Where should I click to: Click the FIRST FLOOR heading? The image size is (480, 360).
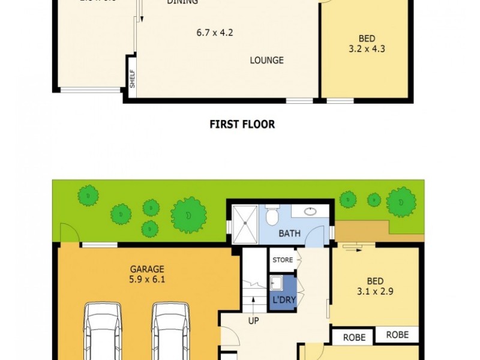tap(242, 125)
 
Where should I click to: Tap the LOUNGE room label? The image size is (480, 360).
tap(266, 61)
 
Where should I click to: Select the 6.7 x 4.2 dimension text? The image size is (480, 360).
tap(214, 32)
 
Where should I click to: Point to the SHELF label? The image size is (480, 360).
tap(132, 79)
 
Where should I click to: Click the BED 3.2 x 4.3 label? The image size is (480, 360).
tap(367, 44)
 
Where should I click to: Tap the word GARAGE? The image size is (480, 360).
tap(147, 269)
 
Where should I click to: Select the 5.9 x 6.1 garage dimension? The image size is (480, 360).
tap(147, 279)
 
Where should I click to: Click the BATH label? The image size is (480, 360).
tap(289, 233)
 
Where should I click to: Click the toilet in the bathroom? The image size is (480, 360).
tap(272, 214)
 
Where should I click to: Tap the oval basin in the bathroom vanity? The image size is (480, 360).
tap(311, 211)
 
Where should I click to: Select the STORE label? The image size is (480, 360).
tap(282, 260)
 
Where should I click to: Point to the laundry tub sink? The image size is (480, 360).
tap(277, 283)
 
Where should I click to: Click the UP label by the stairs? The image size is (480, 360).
tap(253, 321)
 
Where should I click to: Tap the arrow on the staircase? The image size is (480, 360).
tap(253, 302)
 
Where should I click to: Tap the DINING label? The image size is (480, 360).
tap(182, 2)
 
